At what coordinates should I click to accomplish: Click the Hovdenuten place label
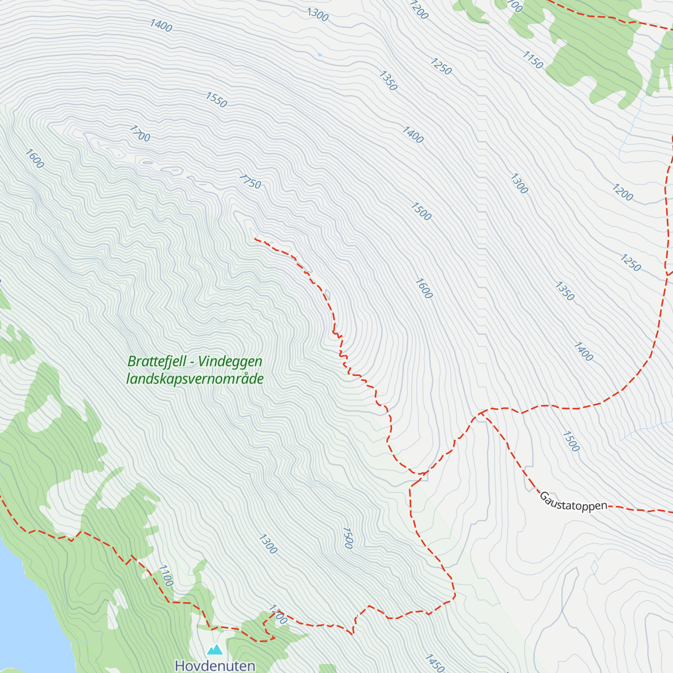(215, 666)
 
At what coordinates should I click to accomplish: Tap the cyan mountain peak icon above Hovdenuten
(215, 650)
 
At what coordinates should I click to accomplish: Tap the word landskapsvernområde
(195, 379)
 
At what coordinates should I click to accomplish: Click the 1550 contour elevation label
(216, 99)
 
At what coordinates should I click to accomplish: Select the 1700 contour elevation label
(140, 133)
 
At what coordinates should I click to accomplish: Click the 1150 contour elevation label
(533, 60)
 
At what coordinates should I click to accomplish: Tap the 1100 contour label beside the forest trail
(165, 575)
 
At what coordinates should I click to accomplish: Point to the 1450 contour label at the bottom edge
(435, 663)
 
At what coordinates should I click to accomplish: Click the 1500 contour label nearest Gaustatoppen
(570, 441)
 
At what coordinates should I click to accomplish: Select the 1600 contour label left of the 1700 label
(34, 159)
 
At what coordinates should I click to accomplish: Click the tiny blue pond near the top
(319, 55)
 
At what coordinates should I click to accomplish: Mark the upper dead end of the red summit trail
(255, 239)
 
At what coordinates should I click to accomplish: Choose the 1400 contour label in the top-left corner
(161, 25)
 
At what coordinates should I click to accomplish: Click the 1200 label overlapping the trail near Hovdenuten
(278, 615)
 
